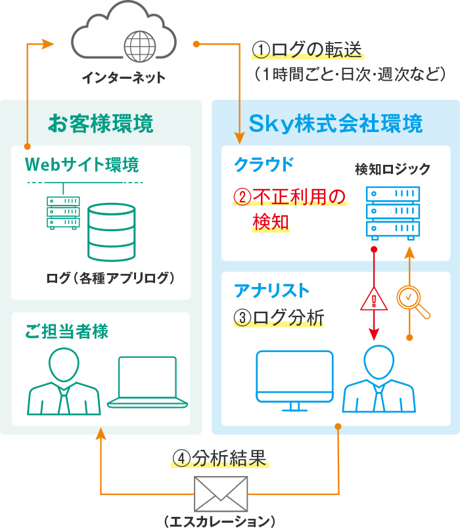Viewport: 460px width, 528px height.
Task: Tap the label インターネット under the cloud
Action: point(124,79)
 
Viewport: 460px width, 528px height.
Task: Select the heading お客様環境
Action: point(101,123)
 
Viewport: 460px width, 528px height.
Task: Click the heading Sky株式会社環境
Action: point(335,123)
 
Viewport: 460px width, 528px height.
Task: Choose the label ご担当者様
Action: point(66,330)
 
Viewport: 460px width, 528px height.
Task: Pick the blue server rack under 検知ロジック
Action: point(393,211)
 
